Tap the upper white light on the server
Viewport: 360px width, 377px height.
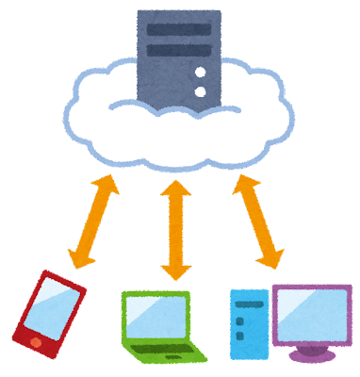pos(199,73)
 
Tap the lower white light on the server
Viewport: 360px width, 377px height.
pos(199,91)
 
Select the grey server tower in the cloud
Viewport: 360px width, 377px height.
pos(179,57)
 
